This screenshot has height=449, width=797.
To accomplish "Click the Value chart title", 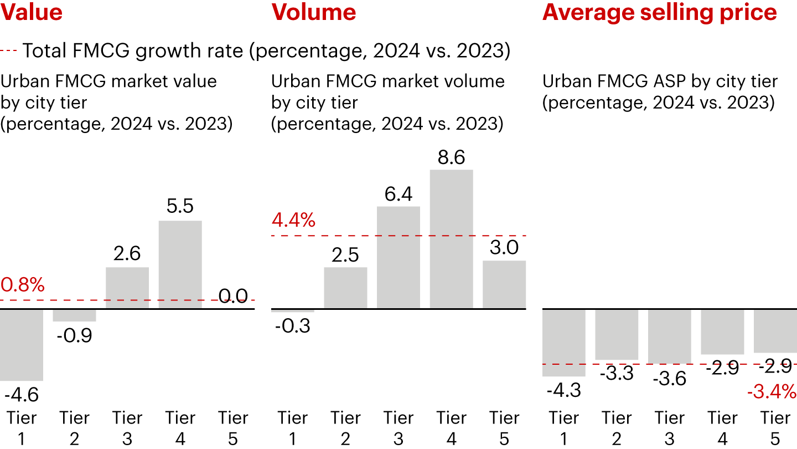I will click(32, 12).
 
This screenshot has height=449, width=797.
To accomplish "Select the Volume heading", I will click(314, 12).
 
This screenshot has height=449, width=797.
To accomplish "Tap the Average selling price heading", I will click(660, 12).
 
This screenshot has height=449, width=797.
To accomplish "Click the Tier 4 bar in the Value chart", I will click(180, 264).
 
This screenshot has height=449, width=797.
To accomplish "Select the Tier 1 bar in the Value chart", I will click(22, 344).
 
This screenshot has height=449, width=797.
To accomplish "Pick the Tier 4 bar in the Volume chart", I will click(452, 239).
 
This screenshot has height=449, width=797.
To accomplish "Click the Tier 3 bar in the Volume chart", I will click(398, 257).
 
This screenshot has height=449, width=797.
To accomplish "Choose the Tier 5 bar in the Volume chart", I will click(504, 284).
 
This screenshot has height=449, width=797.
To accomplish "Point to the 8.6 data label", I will click(451, 158).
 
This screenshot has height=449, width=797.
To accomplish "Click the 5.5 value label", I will click(180, 207).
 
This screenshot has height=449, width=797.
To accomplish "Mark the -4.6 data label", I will click(21, 395).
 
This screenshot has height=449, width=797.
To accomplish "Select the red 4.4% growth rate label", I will click(293, 221).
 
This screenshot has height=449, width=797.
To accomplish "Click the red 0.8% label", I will click(22, 285).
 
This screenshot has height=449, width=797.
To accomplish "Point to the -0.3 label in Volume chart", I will click(293, 326).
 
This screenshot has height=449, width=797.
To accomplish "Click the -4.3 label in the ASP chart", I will click(563, 390).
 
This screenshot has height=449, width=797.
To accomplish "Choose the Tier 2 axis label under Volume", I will click(345, 428).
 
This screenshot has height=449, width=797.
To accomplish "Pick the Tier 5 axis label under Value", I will click(233, 428).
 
